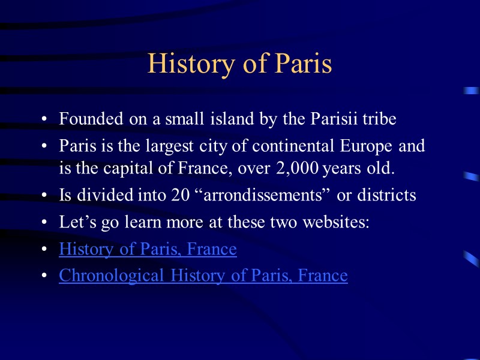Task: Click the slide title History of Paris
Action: pyautogui.click(x=239, y=64)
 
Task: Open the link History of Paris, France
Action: pyautogui.click(x=148, y=249)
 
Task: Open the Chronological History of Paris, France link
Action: pyautogui.click(x=203, y=275)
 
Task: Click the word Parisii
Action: pyautogui.click(x=332, y=119)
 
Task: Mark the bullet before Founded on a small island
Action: pyautogui.click(x=45, y=119)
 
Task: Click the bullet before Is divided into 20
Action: pyautogui.click(x=45, y=196)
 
